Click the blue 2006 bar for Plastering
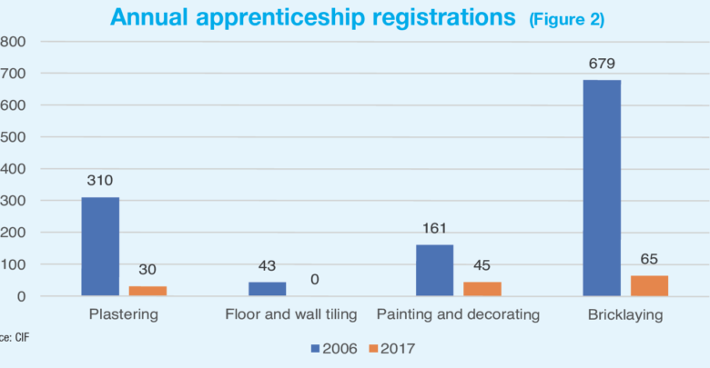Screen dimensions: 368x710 100,246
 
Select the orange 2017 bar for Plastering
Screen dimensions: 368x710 147,291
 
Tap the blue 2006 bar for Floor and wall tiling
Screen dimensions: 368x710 267,289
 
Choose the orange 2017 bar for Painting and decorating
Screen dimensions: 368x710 482,289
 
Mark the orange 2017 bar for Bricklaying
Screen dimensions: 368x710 649,285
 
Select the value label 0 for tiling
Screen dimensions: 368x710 314,280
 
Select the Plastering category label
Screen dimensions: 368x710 124,315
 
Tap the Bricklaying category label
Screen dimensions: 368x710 625,315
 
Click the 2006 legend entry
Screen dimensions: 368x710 333,347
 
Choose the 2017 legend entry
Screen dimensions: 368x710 397,347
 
